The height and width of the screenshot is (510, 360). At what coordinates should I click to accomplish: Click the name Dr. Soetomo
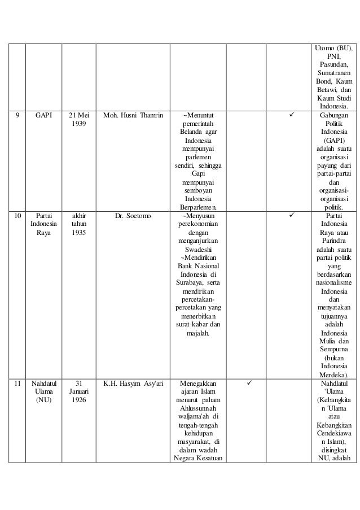(x=134, y=215)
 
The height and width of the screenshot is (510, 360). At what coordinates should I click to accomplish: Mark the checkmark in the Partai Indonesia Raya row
(x=291, y=215)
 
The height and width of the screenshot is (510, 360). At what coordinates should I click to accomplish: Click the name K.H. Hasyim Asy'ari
(x=134, y=382)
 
